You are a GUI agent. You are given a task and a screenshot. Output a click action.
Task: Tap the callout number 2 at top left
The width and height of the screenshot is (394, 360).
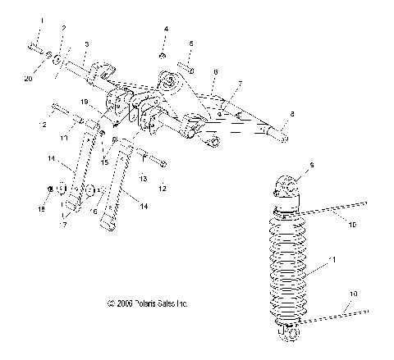(x=63, y=29)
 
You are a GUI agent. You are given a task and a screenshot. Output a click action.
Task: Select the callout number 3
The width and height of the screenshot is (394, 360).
(x=86, y=43)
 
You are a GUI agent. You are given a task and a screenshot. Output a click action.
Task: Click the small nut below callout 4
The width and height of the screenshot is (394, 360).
(x=163, y=55)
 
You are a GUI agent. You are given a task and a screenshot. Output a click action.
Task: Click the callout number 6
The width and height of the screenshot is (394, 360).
(x=213, y=73)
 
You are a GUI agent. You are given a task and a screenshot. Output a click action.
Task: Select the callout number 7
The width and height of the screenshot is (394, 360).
(x=240, y=84)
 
